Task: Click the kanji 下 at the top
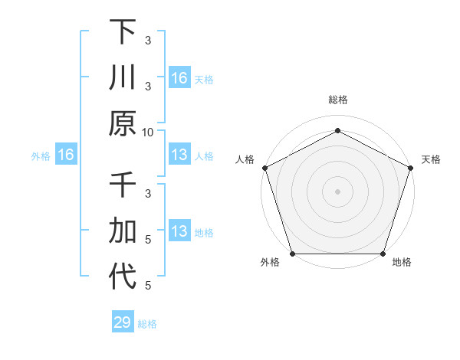(123, 32)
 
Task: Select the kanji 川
(123, 77)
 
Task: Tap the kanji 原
(123, 123)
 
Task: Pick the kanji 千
(123, 186)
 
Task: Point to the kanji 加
(123, 231)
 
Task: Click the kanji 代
(123, 277)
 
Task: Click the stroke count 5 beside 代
(148, 286)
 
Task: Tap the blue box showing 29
(123, 322)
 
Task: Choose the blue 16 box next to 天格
(179, 77)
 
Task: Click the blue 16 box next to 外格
(66, 155)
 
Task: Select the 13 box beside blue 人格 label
(179, 155)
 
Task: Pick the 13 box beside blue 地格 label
(179, 231)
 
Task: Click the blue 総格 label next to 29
(147, 323)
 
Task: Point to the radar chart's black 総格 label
(337, 100)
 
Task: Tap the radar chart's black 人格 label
(245, 159)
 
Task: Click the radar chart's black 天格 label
(431, 159)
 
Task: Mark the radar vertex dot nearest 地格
(383, 254)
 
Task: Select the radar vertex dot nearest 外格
(292, 254)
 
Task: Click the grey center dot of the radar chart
(337, 191)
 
